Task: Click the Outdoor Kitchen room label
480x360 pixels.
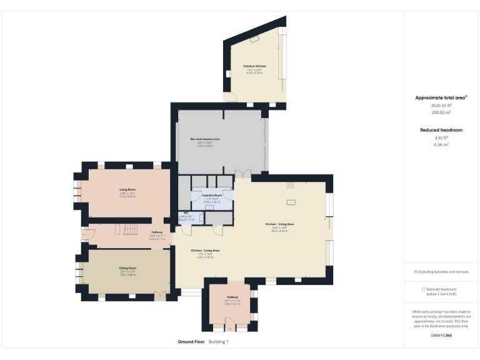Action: tap(255, 66)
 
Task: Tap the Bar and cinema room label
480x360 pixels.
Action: tap(205, 139)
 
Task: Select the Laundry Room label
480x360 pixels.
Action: tap(212, 195)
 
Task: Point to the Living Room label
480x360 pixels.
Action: tap(127, 189)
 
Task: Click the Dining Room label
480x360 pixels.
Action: tap(127, 268)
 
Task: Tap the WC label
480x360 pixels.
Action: tap(186, 213)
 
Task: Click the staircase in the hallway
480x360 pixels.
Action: tap(129, 229)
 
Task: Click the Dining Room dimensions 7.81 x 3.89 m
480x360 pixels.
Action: tap(127, 275)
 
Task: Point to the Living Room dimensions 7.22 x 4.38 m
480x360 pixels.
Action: tap(127, 196)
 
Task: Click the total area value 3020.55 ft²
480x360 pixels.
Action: tap(441, 106)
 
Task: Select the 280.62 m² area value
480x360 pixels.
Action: tap(441, 113)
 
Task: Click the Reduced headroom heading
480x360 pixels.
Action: tap(441, 129)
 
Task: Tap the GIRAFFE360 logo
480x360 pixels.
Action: tap(441, 336)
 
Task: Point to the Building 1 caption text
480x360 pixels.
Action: tap(219, 342)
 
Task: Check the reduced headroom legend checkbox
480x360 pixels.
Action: tap(424, 289)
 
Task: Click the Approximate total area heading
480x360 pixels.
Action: tap(440, 97)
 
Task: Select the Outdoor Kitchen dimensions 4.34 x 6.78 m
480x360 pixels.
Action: tap(255, 73)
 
